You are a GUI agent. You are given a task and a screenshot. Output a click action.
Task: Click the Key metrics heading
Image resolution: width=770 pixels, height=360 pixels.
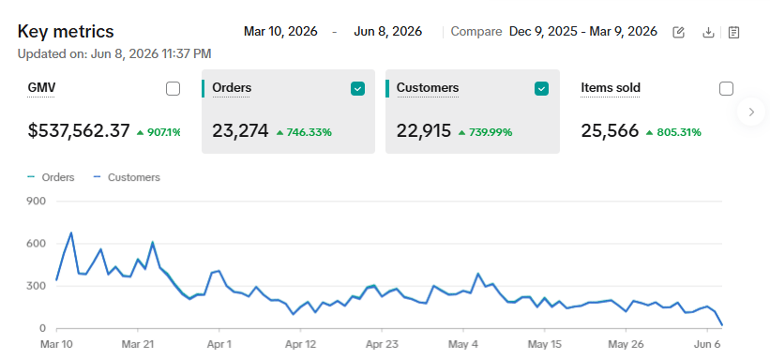(66, 32)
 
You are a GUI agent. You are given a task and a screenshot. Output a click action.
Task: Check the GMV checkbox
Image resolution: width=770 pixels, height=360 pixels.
(173, 89)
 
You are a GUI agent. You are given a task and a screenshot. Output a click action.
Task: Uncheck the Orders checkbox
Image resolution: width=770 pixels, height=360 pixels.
(357, 89)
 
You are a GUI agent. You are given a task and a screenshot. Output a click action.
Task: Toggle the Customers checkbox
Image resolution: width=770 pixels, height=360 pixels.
(541, 89)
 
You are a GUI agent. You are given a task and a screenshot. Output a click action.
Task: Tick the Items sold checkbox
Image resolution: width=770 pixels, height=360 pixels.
(726, 89)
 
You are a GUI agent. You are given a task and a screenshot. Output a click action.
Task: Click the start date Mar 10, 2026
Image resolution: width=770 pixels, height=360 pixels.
(280, 32)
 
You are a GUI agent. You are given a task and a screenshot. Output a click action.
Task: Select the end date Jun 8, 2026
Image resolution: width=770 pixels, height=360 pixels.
(388, 32)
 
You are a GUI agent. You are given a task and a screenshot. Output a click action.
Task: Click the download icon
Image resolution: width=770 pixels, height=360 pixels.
(708, 33)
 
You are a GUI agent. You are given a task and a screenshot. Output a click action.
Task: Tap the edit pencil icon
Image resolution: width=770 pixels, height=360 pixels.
(679, 33)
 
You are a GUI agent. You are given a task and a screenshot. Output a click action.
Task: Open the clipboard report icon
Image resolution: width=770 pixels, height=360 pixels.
(733, 33)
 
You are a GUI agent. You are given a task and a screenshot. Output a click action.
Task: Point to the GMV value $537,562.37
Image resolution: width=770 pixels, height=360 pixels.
(79, 131)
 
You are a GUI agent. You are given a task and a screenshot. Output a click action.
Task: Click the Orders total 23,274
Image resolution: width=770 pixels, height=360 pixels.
(241, 131)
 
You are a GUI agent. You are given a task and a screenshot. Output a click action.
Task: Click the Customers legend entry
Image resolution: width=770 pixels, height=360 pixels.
(127, 177)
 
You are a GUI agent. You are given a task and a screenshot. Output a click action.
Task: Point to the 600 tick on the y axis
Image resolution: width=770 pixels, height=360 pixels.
(38, 244)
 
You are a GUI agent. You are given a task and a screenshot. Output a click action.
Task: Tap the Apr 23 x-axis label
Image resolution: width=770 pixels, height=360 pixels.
(382, 345)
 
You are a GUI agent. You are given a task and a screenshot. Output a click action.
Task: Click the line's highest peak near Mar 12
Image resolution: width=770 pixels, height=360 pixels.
(71, 232)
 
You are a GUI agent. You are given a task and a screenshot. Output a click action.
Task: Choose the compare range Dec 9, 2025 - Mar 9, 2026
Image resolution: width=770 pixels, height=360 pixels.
(583, 32)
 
